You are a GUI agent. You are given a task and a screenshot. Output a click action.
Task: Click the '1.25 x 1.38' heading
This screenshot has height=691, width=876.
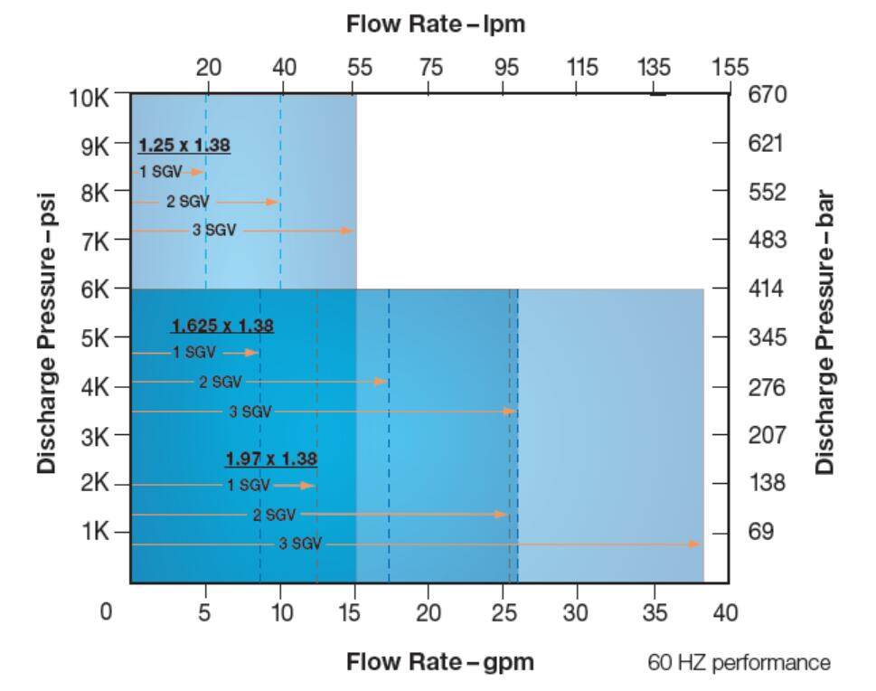point(184,145)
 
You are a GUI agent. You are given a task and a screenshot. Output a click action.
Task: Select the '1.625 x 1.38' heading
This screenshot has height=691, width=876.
point(222,326)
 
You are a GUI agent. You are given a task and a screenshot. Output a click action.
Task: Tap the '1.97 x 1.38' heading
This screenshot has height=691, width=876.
point(271,459)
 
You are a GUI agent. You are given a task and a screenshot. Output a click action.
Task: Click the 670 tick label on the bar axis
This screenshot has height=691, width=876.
point(768,95)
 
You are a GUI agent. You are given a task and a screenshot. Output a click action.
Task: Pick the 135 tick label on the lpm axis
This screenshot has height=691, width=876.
point(654,67)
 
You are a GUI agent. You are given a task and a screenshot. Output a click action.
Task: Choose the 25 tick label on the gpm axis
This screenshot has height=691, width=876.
point(503,613)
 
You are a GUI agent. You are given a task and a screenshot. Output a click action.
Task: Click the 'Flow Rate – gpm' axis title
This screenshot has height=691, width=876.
point(439,662)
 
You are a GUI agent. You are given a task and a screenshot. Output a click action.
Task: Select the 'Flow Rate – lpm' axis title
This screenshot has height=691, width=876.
point(436,24)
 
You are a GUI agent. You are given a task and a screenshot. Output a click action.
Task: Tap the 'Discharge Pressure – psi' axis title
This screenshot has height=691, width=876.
point(47,331)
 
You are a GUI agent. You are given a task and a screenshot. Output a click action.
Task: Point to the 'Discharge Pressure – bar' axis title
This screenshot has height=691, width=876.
point(824,332)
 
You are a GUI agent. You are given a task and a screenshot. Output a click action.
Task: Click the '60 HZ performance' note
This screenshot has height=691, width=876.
point(739,663)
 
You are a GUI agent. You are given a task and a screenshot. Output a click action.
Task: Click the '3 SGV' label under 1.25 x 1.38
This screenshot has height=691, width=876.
point(214,231)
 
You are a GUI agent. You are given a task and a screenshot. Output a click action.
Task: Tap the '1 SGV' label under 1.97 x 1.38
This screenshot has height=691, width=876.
point(248,486)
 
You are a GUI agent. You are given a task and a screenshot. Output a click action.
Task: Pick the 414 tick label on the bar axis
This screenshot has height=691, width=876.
point(768,289)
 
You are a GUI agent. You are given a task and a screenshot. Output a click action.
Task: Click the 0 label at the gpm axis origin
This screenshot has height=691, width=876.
point(107,613)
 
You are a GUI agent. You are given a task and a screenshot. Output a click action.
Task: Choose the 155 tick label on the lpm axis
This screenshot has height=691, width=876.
point(730,67)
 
